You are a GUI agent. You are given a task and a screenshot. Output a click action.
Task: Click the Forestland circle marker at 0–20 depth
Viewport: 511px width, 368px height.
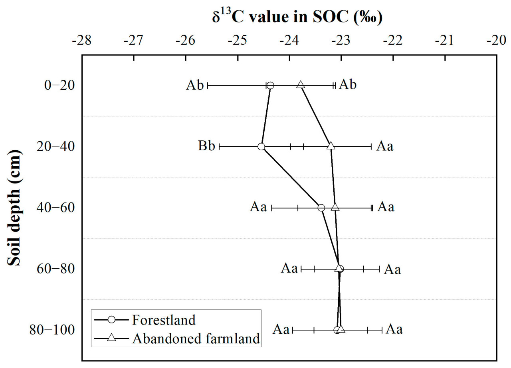pos(270,85)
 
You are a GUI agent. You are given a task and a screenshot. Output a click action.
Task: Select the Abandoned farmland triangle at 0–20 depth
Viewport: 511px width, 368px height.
pos(301,85)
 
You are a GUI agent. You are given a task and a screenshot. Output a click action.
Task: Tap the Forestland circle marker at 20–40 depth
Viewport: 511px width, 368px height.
pos(261,147)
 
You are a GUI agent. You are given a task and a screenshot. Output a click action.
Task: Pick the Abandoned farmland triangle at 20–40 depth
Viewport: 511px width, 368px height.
pos(331,146)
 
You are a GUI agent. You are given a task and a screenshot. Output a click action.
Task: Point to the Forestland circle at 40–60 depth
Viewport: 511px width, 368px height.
pos(321,208)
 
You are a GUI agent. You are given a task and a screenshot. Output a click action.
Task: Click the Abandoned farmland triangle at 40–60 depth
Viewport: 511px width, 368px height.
pos(335,207)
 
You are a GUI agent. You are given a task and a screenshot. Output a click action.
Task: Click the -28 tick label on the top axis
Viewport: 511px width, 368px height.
pos(81,41)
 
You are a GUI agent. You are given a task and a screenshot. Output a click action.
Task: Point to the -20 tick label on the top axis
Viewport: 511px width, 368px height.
pos(497,41)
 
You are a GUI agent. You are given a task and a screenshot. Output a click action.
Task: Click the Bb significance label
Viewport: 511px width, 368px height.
pos(207,147)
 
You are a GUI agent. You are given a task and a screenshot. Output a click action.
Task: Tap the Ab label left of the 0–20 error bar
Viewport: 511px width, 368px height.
pos(195,85)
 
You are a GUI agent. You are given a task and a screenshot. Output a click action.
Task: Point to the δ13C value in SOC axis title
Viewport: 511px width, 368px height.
pos(297,18)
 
